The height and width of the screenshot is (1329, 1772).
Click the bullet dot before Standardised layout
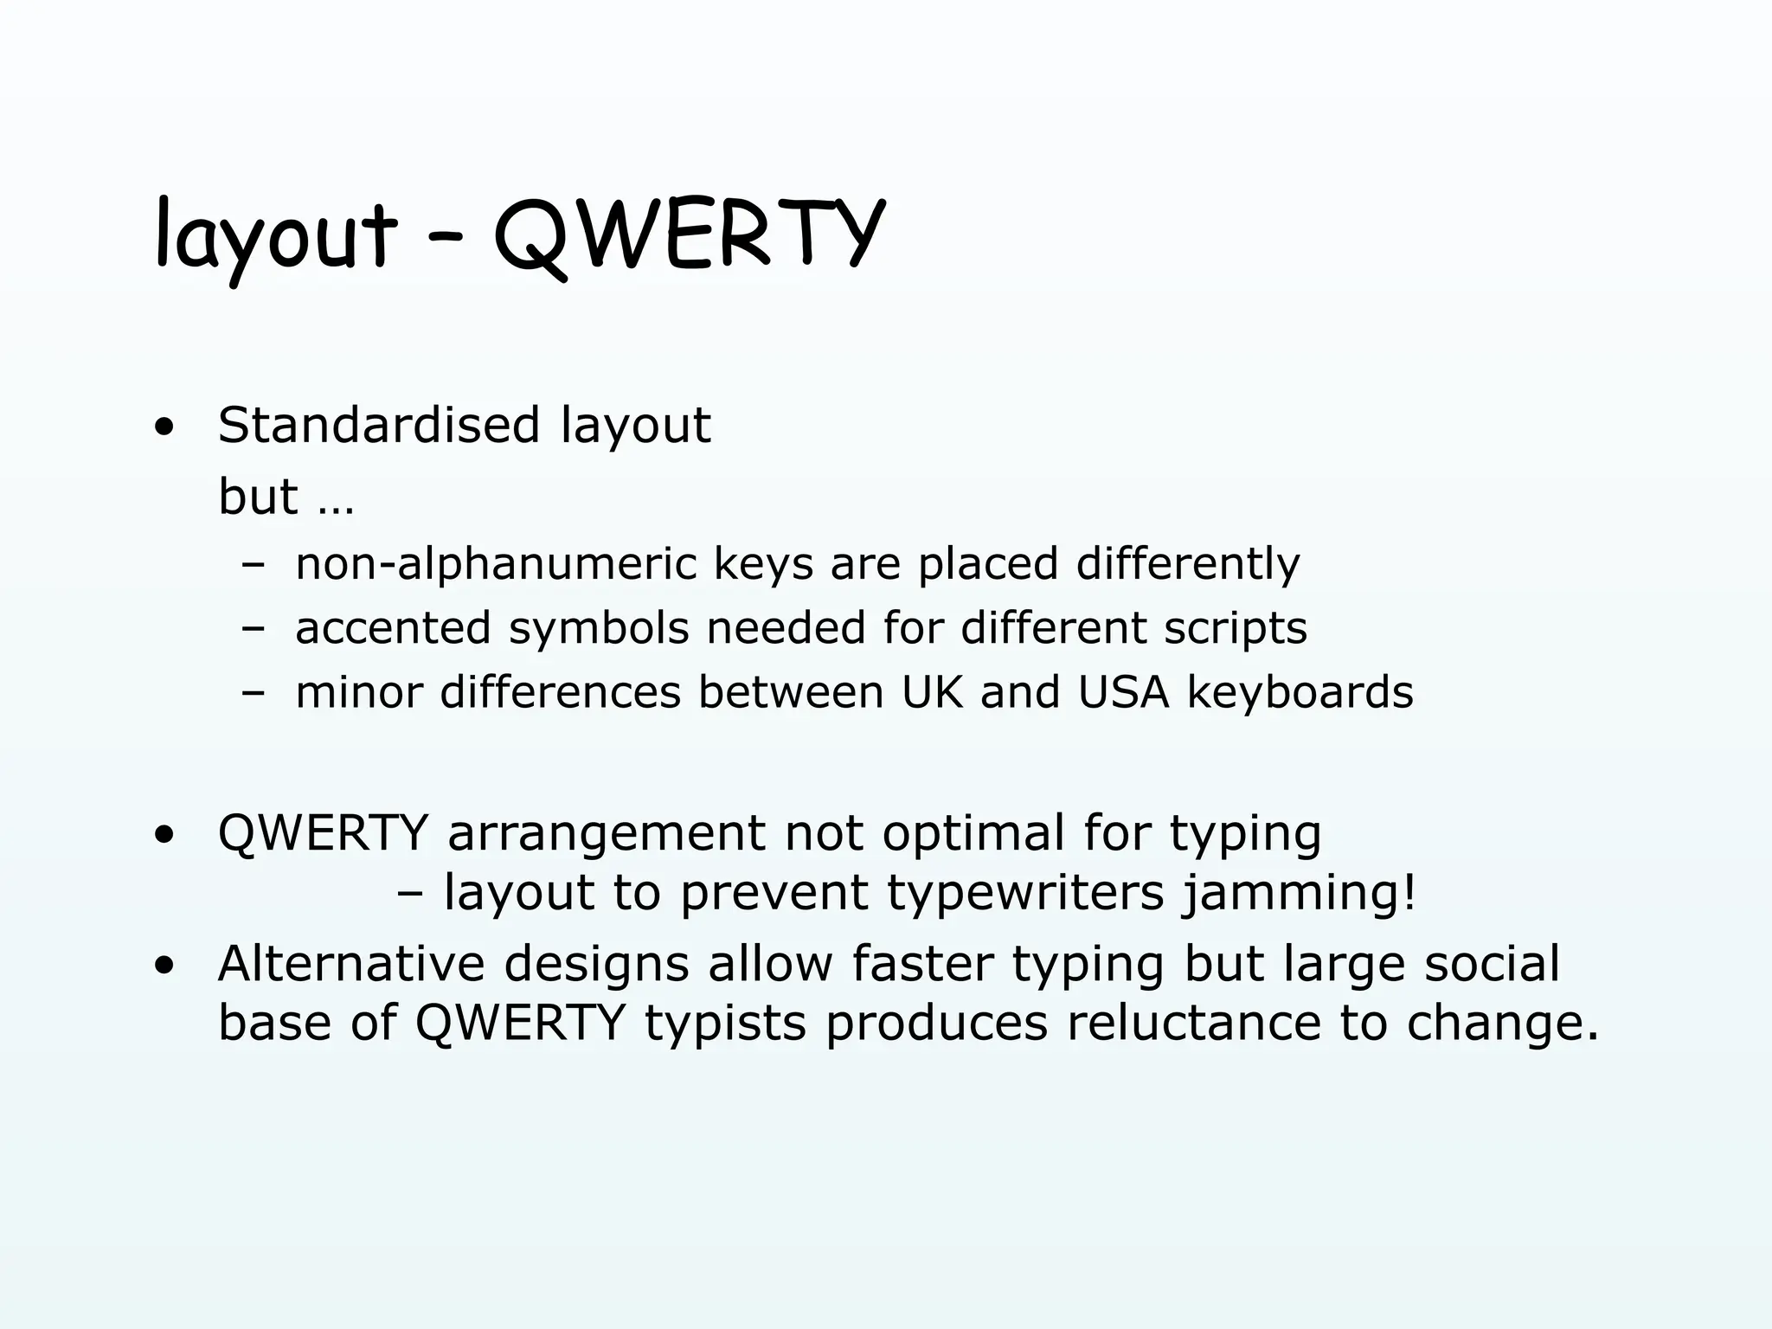164,427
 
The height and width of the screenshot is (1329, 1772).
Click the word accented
393,628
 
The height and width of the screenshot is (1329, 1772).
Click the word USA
1123,692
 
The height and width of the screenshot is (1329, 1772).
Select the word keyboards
1300,692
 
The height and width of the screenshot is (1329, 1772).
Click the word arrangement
606,835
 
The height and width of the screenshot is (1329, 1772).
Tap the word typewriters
1025,893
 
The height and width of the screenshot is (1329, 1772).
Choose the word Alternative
351,964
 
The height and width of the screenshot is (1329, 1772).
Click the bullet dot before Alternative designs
164,966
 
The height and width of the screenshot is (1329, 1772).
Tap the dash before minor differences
253,693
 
